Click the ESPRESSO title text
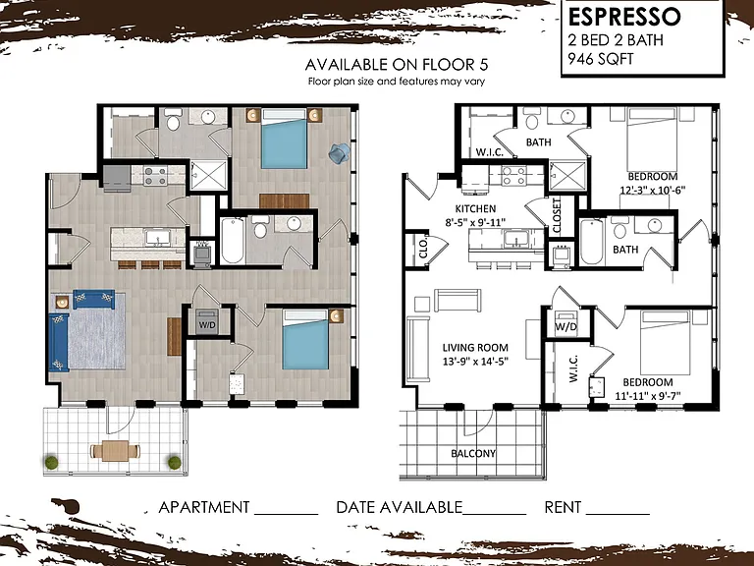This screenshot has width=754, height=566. click(x=624, y=17)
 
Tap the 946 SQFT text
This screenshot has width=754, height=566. click(x=601, y=59)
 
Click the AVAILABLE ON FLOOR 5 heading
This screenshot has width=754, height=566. click(x=397, y=65)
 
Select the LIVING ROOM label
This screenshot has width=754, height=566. click(x=475, y=348)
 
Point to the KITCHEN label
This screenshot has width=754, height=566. click(x=475, y=209)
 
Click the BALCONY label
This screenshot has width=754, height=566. click(x=473, y=453)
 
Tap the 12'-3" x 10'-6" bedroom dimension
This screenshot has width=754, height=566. click(x=653, y=190)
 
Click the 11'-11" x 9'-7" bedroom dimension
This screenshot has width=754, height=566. click(x=648, y=396)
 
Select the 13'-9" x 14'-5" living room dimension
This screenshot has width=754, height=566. click(x=475, y=361)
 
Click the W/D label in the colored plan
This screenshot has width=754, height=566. click(x=207, y=325)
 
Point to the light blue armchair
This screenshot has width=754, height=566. click(x=340, y=152)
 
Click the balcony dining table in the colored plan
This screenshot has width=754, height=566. click(x=116, y=451)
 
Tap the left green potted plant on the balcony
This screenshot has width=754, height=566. click(x=51, y=463)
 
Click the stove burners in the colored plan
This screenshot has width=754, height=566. click(x=155, y=176)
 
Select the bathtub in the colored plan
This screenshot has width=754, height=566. click(x=233, y=241)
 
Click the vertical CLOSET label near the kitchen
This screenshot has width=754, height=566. click(x=558, y=216)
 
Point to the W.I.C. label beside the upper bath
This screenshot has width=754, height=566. click(x=490, y=152)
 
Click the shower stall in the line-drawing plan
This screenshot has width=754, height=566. click(x=567, y=176)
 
